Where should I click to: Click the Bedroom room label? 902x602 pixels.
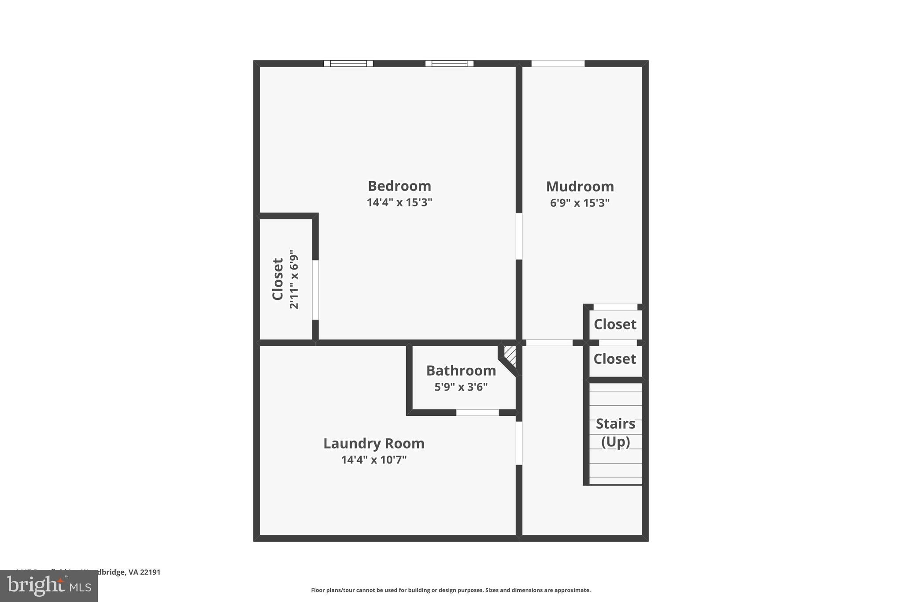click(399, 186)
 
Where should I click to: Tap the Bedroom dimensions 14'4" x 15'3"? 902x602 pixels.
click(399, 202)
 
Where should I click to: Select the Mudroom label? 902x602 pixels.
click(580, 187)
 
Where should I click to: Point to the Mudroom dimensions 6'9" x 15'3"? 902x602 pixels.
click(580, 203)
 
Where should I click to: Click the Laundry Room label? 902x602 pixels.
click(373, 443)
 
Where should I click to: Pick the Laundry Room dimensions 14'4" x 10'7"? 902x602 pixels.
click(373, 460)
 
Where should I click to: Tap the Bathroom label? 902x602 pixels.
click(461, 370)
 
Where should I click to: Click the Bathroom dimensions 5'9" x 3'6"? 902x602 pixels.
click(461, 387)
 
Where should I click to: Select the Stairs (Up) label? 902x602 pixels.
click(615, 432)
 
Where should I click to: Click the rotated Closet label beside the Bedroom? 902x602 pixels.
click(277, 279)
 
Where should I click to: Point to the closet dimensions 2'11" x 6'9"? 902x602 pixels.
click(294, 279)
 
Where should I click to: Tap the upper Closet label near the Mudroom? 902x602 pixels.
click(615, 324)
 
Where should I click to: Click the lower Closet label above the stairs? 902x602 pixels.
click(614, 359)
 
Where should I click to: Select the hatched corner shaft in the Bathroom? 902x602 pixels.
click(510, 355)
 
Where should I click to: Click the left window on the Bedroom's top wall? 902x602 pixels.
click(348, 64)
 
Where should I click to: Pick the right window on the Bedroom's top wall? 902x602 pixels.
click(449, 64)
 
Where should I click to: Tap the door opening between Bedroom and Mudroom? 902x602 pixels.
click(519, 236)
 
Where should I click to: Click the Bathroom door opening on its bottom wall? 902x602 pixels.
click(477, 413)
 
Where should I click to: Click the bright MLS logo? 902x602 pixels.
click(48, 586)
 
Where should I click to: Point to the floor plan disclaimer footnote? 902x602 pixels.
click(451, 590)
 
